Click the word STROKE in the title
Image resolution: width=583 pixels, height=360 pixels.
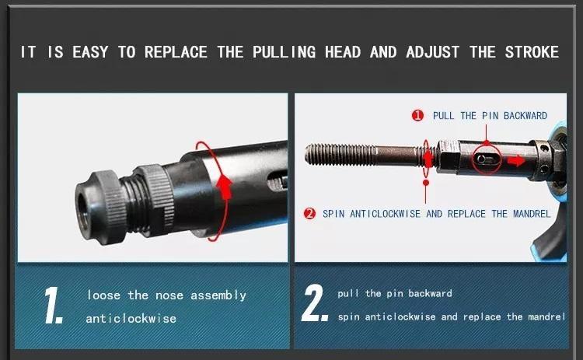[x=532, y=51]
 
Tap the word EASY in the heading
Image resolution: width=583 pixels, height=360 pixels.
[x=90, y=51]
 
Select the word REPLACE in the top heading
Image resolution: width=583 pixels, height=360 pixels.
[x=176, y=51]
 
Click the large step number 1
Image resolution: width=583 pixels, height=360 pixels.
[x=53, y=305]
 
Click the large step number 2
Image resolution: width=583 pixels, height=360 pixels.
[x=315, y=303]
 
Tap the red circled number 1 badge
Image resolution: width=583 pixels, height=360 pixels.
[x=417, y=115]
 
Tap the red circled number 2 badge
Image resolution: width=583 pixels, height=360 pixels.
[x=309, y=214]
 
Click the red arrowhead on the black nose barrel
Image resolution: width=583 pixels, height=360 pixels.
[x=224, y=186]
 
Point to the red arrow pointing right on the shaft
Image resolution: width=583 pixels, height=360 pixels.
[x=516, y=161]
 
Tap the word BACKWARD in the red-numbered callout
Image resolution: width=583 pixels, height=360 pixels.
[x=525, y=115]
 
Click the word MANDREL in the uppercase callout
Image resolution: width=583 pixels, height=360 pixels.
[x=532, y=214]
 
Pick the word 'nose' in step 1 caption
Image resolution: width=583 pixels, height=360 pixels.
[x=169, y=295]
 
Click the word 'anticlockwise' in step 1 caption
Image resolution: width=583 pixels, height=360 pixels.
[x=131, y=319]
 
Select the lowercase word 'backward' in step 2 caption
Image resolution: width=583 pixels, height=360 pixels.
[x=430, y=293]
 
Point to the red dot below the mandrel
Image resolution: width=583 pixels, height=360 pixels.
[x=426, y=183]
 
